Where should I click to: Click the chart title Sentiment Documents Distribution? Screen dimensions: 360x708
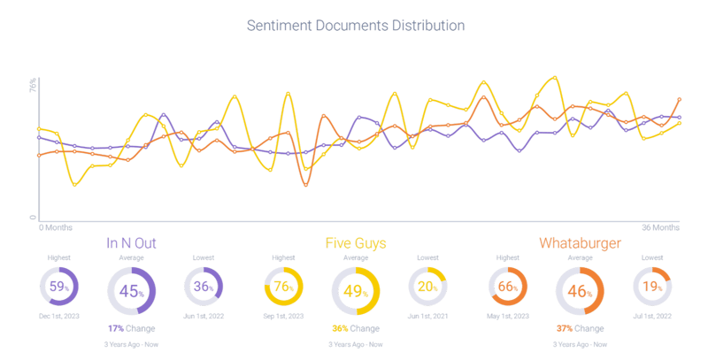354,26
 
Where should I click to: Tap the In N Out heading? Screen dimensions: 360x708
132,242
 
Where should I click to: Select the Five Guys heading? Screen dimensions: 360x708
356,242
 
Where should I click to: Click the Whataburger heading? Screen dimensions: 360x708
580,242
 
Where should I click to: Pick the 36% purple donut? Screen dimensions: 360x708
204,287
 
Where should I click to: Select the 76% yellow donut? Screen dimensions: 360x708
284,287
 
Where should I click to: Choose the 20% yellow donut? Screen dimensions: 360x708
427,287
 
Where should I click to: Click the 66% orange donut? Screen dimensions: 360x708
508,287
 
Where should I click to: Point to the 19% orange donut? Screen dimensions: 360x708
651,287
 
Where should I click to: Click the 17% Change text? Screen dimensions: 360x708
132,328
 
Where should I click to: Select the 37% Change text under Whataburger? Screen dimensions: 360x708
580,328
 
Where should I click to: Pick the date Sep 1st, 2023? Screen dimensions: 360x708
284,317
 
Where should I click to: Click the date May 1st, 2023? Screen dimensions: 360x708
508,317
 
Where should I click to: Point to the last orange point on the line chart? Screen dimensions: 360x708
680,99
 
